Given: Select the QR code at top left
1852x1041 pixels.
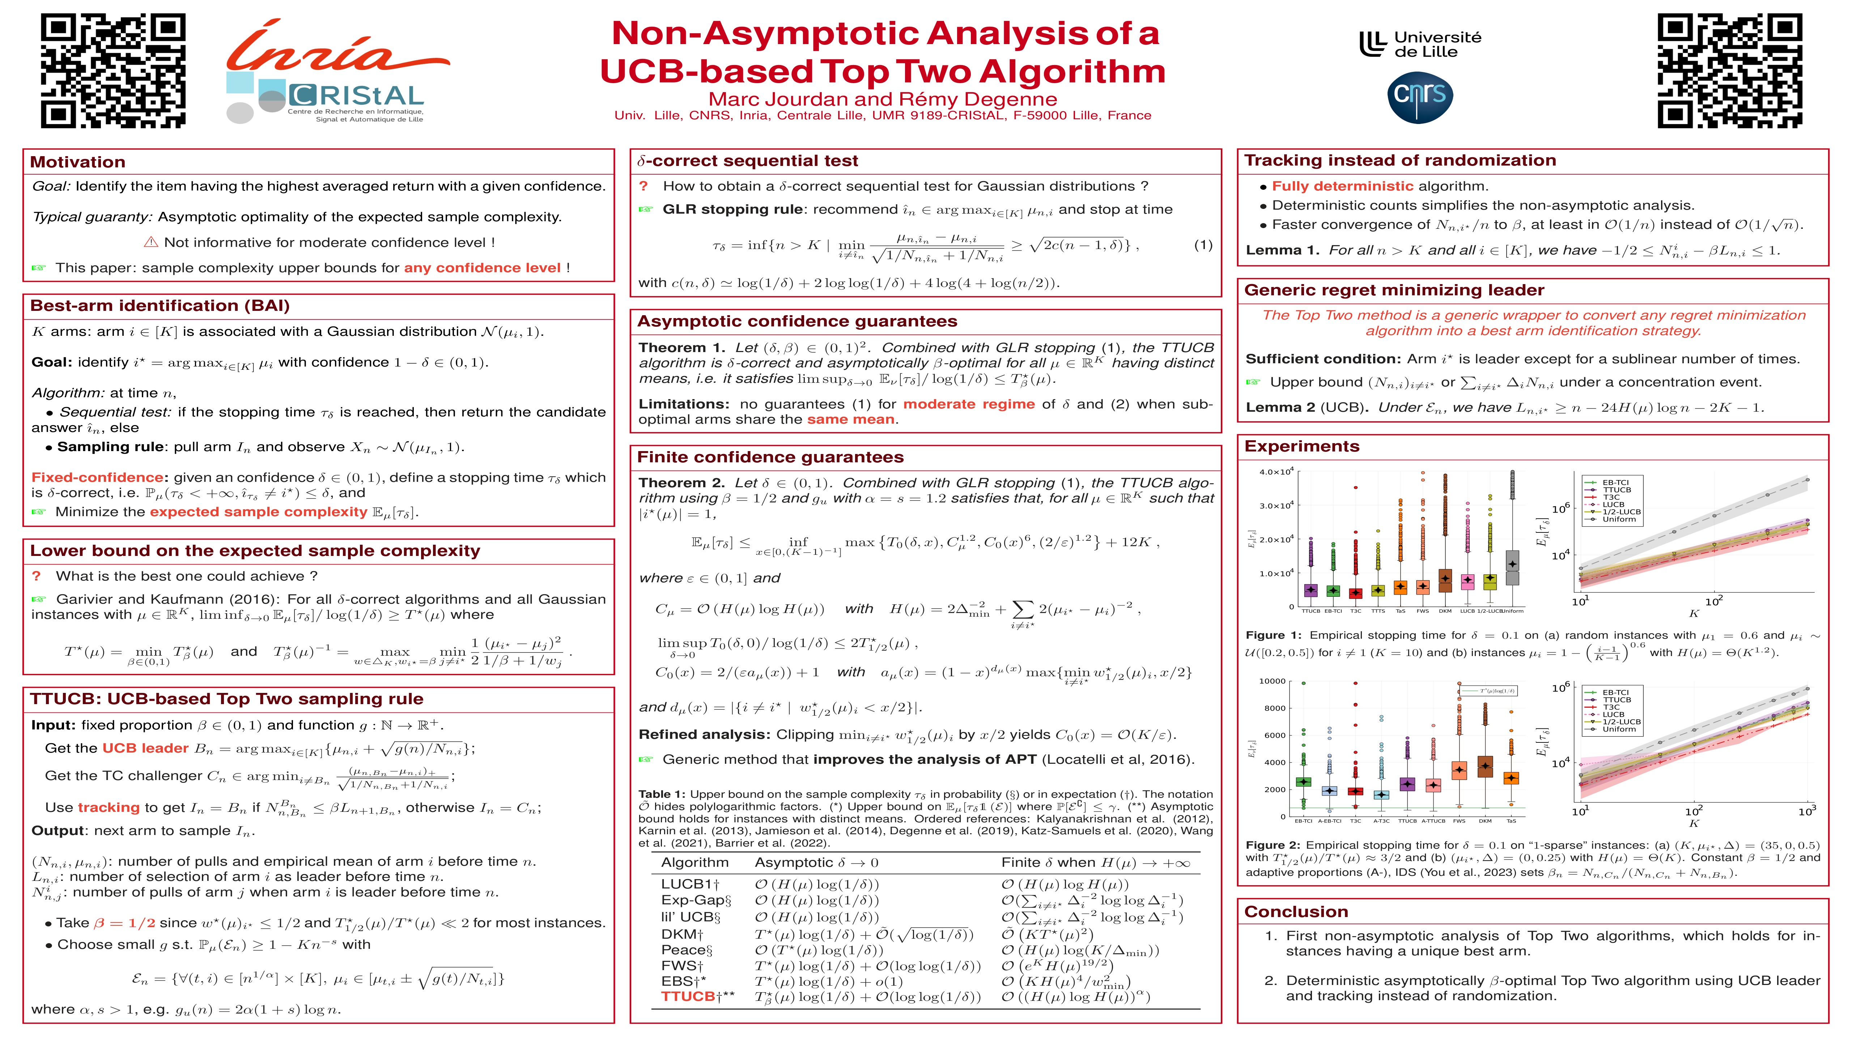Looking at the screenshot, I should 113,70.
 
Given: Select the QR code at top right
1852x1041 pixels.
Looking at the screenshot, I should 1729,70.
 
